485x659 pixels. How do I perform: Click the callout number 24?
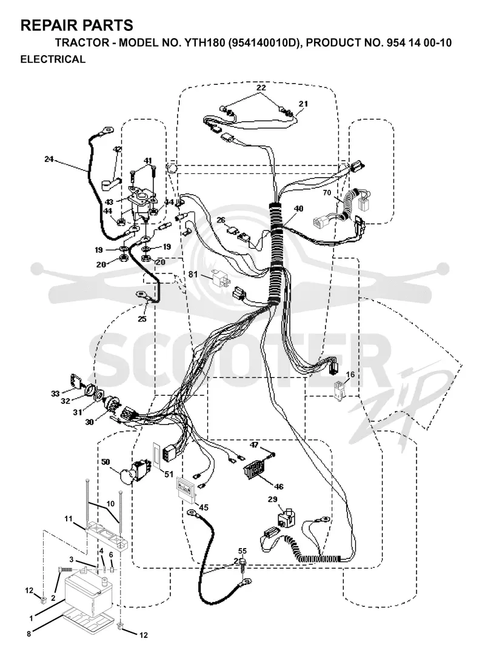pos(49,159)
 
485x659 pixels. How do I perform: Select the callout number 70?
pos(327,193)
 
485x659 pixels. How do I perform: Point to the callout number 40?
pos(298,209)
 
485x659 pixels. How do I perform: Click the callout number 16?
pos(350,375)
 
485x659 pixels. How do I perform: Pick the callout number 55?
pos(242,551)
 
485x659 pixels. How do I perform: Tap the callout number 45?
pos(204,507)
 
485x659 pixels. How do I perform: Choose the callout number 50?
pos(105,462)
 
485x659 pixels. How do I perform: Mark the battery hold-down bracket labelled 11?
pos(107,534)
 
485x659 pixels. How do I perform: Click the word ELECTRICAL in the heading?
pos(53,59)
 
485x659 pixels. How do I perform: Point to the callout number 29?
pos(273,500)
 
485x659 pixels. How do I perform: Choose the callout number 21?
pos(304,104)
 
